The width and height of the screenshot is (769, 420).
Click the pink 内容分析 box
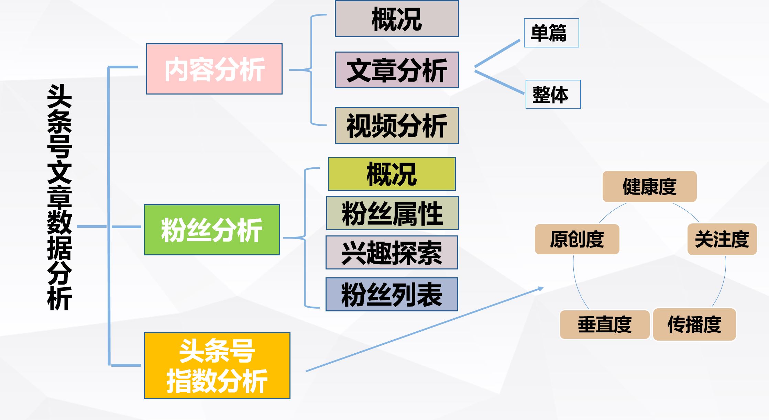coord(214,69)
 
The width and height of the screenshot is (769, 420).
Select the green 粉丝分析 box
coord(212,230)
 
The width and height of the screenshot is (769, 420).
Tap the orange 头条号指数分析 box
coord(217,365)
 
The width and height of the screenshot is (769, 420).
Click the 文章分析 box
coord(397,70)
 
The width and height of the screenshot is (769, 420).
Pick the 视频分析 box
coord(397,125)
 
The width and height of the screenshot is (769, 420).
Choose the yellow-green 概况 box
coord(392,174)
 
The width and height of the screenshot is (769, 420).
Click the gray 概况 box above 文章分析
coord(397,19)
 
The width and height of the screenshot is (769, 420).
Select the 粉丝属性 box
coord(392,213)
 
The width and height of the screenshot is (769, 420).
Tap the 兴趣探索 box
coord(392,253)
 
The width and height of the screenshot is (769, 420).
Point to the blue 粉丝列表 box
coord(392,295)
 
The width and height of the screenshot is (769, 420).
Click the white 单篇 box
coord(551,33)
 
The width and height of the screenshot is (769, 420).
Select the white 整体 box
coord(553,95)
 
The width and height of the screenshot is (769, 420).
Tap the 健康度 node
coord(649,187)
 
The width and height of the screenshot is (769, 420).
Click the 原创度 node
coord(577,239)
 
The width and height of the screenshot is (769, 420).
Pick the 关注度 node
coord(722,239)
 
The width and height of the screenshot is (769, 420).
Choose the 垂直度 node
coord(604,324)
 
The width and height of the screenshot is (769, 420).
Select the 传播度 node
coord(694,324)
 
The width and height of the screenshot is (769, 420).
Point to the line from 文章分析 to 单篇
coord(497,53)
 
